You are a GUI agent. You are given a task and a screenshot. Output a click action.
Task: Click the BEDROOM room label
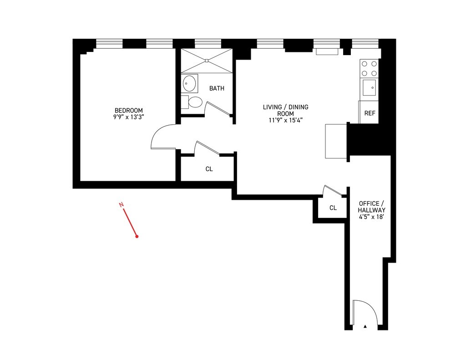(x=128, y=110)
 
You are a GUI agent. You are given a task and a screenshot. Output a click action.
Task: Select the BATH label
(x=217, y=88)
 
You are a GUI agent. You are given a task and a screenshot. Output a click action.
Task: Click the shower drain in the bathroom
(x=207, y=60)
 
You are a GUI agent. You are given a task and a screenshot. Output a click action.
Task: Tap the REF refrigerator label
(x=370, y=113)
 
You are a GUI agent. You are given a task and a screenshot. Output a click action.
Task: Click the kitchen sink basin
(x=369, y=86)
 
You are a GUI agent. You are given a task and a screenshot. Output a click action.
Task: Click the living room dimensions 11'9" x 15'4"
(x=285, y=121)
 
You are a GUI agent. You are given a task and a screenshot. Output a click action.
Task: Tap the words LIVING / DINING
(x=285, y=107)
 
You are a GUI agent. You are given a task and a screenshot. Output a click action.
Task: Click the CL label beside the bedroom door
(x=209, y=169)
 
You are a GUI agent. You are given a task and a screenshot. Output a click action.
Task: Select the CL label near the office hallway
(x=333, y=208)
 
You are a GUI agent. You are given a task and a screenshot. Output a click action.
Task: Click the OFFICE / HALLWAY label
(x=371, y=207)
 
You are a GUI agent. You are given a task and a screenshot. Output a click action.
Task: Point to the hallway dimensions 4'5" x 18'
(x=371, y=218)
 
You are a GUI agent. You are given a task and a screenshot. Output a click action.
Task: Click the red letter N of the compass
(x=122, y=205)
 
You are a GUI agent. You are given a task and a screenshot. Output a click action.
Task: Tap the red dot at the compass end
(x=137, y=237)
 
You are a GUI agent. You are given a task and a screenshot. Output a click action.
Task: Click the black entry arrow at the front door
(x=365, y=326)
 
